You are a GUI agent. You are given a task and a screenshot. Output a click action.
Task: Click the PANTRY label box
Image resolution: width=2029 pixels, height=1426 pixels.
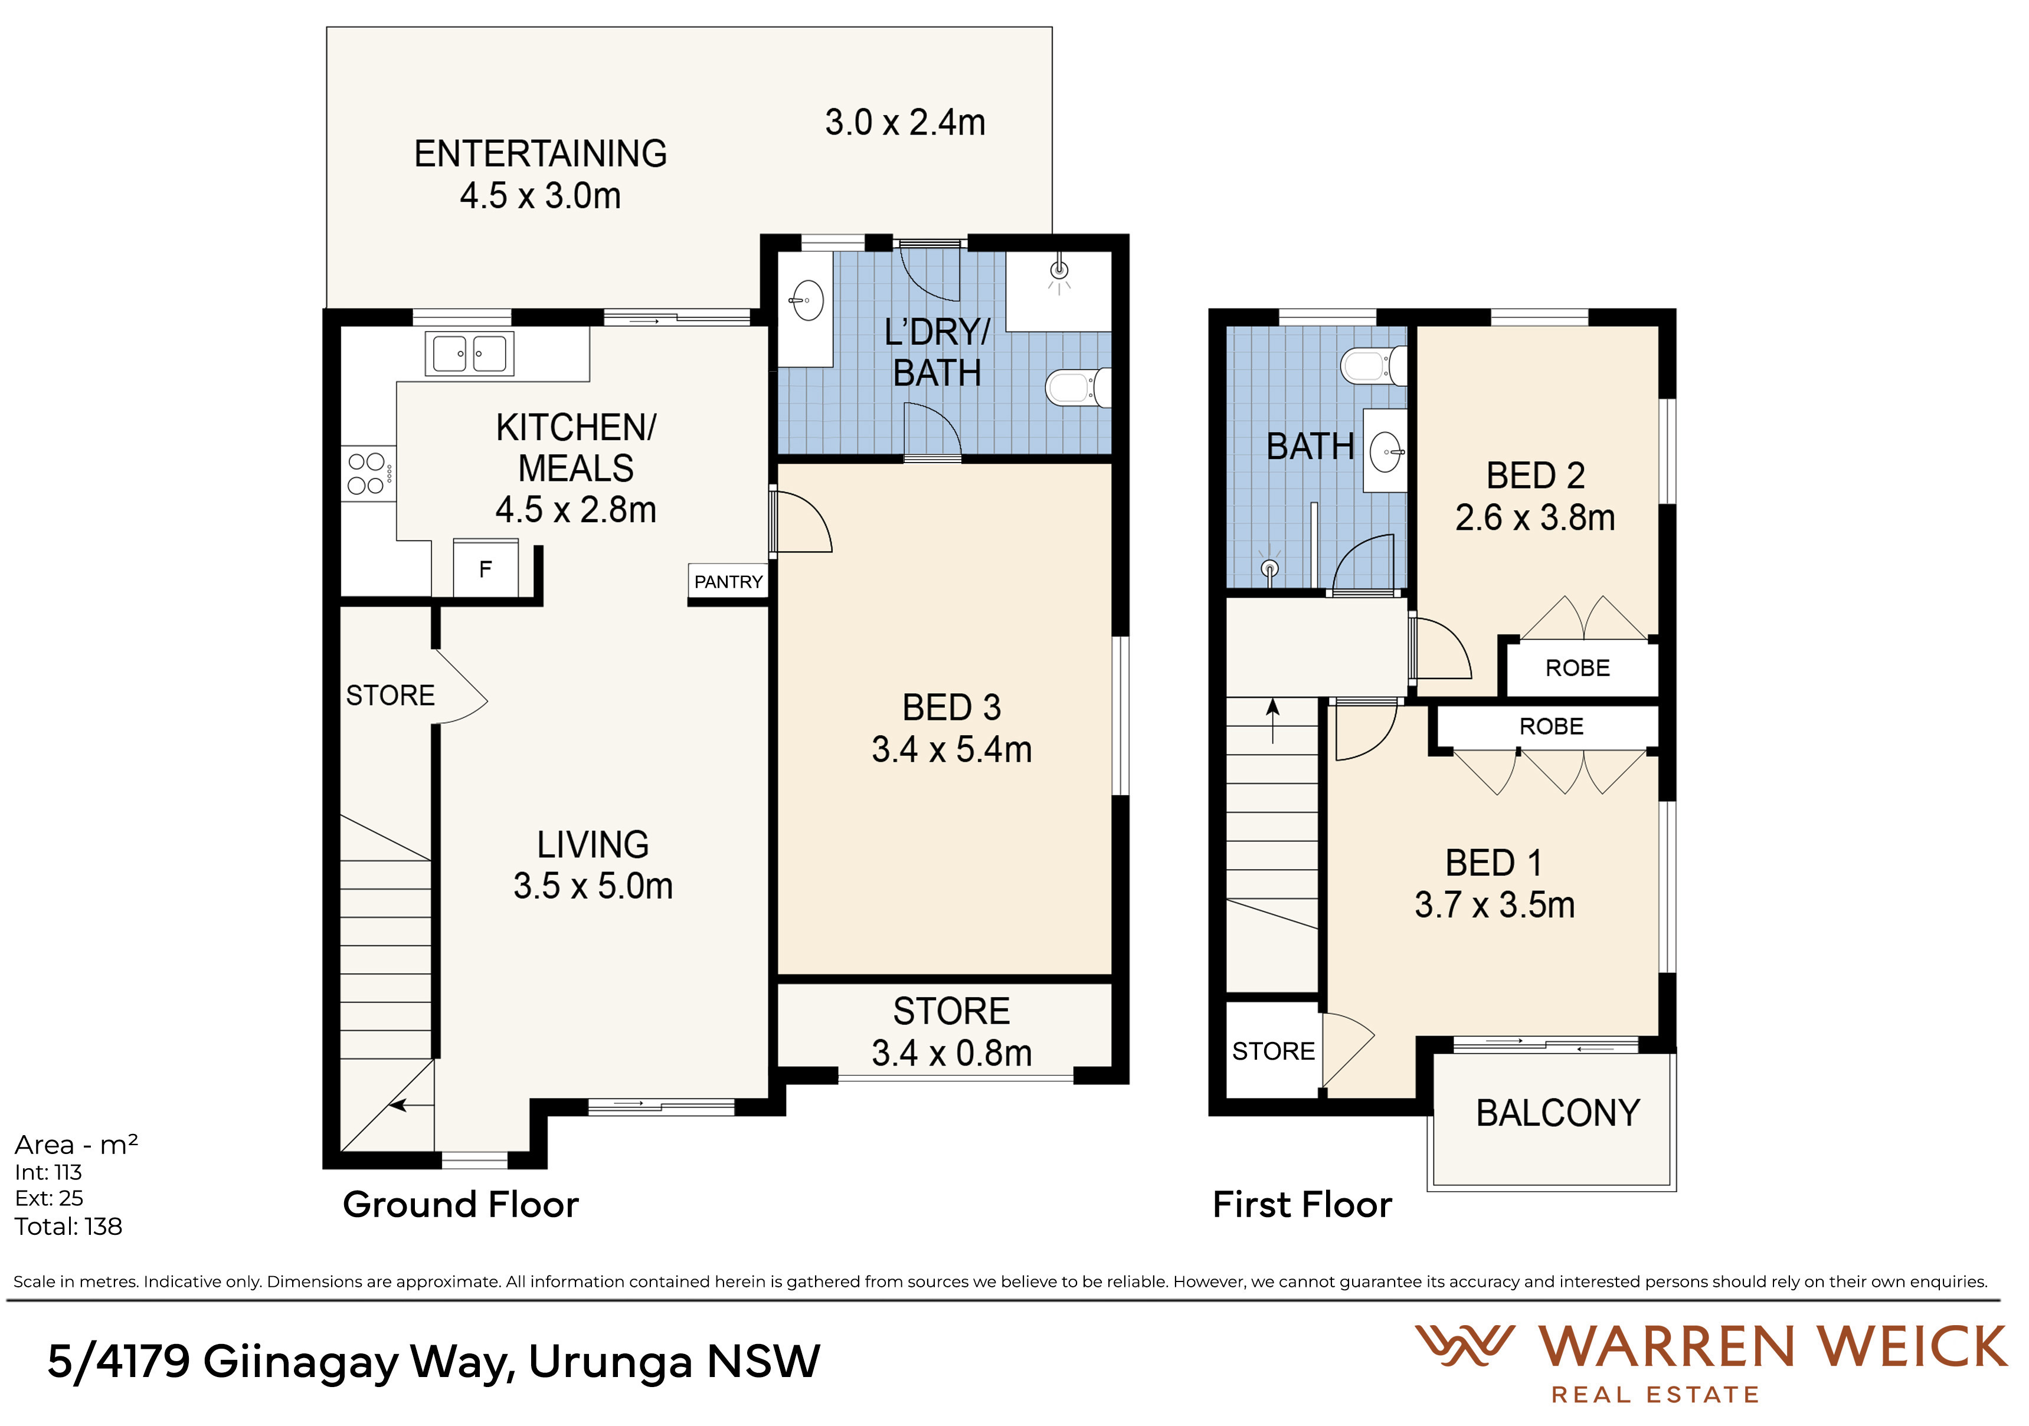(728, 581)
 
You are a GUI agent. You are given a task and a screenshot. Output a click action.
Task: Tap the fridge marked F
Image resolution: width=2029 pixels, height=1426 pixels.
(485, 568)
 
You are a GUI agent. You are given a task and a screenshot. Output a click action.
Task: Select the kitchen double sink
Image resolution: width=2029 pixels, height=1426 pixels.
(469, 353)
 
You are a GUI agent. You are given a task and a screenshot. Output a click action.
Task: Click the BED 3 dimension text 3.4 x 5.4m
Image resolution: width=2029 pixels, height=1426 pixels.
(952, 749)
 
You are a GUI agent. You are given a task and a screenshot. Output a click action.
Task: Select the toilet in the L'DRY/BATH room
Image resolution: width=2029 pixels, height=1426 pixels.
(1077, 387)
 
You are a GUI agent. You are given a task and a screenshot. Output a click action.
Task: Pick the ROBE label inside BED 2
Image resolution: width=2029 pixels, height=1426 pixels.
(1578, 668)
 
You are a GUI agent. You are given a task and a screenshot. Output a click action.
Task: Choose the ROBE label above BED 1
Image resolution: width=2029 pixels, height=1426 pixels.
(1551, 726)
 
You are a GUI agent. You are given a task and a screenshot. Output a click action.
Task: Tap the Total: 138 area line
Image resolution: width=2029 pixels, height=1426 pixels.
(68, 1227)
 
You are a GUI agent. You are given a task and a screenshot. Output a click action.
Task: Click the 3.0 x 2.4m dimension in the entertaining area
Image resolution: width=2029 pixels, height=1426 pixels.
(905, 122)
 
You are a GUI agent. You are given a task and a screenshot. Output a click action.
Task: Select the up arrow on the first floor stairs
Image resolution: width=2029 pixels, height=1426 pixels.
(1272, 721)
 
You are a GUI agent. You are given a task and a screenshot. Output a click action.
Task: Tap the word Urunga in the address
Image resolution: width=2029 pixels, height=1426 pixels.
(610, 1362)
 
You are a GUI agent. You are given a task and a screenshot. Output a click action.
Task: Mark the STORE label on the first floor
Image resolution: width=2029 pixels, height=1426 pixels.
(1274, 1051)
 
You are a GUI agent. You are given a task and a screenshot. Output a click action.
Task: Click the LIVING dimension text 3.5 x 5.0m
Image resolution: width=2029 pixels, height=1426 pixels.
(593, 886)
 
